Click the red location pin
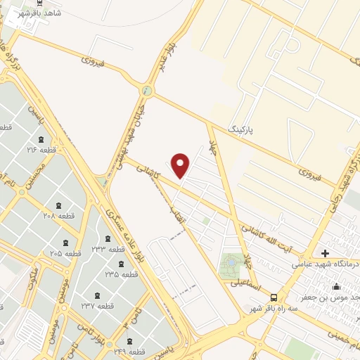pyautogui.click(x=181, y=165)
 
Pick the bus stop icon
pyautogui.click(x=274, y=297)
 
